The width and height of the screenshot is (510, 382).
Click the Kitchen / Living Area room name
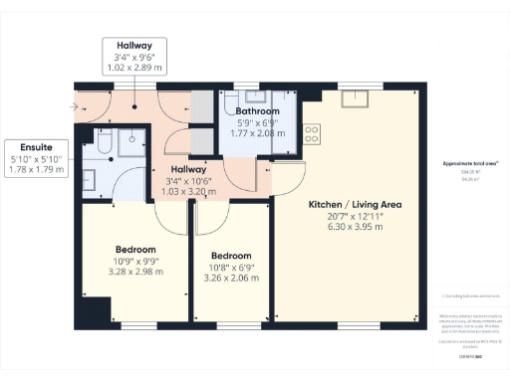(349, 204)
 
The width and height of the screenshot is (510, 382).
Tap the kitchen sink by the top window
(354, 98)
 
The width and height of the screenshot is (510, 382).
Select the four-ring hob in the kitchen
(312, 132)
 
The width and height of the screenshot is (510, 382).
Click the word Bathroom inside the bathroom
(250, 112)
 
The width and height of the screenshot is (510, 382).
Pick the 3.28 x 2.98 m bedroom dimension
(134, 272)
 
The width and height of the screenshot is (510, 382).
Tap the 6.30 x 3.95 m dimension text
(349, 228)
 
